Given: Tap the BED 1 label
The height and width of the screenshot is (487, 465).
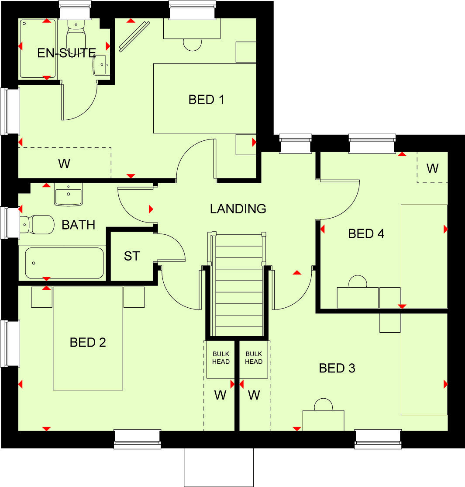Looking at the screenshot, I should (206, 100).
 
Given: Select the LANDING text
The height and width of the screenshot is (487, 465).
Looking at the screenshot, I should (238, 209).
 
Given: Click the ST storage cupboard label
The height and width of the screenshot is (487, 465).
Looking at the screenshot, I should (132, 256).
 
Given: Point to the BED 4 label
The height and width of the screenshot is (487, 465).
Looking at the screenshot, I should (366, 234).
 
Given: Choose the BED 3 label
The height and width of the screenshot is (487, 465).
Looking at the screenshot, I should (337, 368).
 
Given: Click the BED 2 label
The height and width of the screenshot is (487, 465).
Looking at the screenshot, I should (88, 342).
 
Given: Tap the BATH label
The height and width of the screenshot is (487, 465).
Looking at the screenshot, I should (79, 225).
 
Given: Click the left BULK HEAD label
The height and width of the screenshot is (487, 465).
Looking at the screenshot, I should (220, 358).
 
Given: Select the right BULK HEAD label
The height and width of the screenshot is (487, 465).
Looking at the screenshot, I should (254, 358).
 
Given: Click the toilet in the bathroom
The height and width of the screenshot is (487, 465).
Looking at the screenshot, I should (37, 224).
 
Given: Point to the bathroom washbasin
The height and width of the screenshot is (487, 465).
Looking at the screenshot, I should (69, 195).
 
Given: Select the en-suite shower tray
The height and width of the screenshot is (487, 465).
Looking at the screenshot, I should (38, 48).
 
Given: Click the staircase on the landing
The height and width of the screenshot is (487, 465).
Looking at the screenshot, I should (237, 284).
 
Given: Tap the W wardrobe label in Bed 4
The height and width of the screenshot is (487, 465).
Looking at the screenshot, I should (432, 168).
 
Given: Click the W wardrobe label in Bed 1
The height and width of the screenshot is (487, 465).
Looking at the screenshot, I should (64, 164).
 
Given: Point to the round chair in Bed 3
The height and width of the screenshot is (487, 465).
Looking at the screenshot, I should (324, 405).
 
